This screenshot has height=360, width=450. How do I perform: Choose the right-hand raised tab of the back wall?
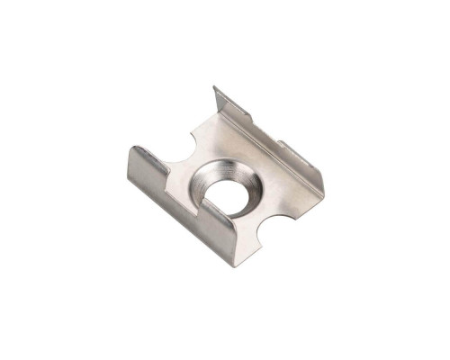(301, 161)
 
